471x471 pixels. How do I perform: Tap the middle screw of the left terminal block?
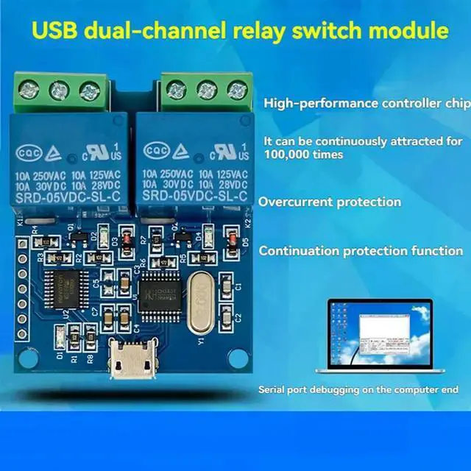click(57, 91)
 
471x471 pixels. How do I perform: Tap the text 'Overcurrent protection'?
click(330, 202)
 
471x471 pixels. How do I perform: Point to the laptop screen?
click(377, 331)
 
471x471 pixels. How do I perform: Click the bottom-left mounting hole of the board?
click(28, 358)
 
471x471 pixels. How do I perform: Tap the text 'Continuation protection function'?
click(361, 251)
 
